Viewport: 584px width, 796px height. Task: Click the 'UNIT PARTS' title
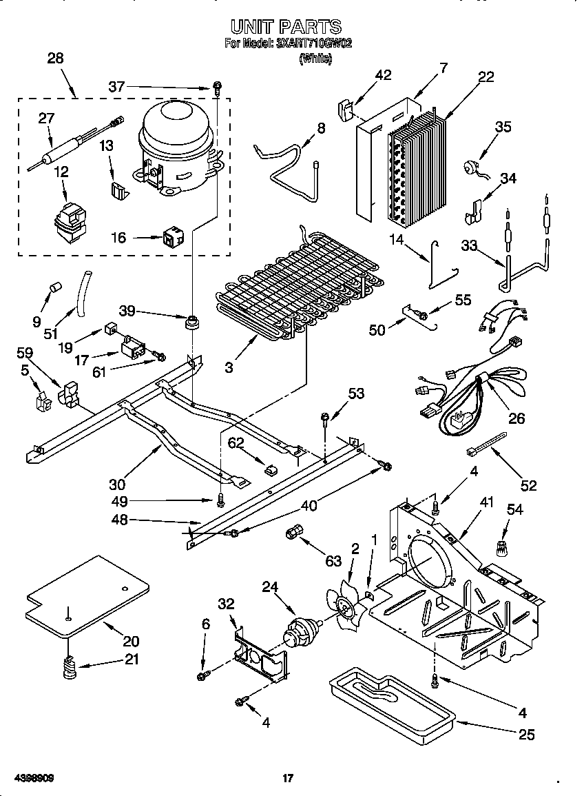point(286,27)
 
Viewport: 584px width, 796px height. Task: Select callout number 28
point(55,59)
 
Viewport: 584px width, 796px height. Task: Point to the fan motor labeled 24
point(302,629)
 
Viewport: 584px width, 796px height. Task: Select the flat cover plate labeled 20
point(86,597)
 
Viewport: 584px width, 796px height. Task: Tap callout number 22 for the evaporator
point(486,77)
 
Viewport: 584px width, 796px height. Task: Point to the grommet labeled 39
point(193,321)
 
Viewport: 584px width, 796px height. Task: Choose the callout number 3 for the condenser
point(228,367)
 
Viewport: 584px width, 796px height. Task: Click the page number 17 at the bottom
point(288,779)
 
